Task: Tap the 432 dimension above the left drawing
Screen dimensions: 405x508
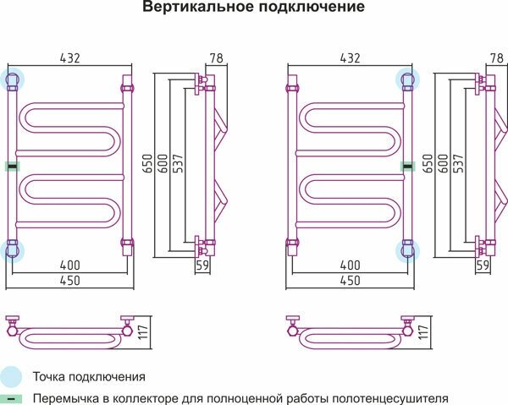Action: pyautogui.click(x=70, y=58)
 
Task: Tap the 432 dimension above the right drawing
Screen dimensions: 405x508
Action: pyautogui.click(x=350, y=58)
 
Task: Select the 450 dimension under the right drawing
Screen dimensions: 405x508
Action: pyautogui.click(x=350, y=281)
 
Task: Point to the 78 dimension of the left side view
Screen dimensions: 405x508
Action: pyautogui.click(x=216, y=58)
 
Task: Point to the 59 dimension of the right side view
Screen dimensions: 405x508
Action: pyautogui.click(x=483, y=265)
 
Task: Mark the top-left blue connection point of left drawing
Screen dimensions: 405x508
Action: pyautogui.click(x=13, y=80)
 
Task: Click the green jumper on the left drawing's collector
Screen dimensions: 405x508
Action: pyautogui.click(x=12, y=167)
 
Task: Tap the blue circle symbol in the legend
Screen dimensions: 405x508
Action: pyautogui.click(x=10, y=376)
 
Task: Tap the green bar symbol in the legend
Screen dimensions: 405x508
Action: pyautogui.click(x=10, y=398)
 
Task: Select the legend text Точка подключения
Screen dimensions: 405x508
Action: pyautogui.click(x=89, y=376)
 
